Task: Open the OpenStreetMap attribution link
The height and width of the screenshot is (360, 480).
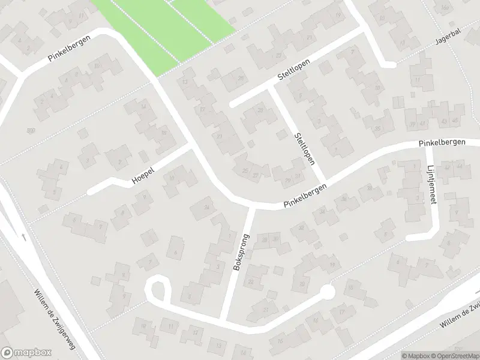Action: point(452,355)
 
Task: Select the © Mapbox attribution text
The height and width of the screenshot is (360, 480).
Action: point(414,355)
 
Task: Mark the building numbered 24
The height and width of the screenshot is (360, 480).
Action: point(207,208)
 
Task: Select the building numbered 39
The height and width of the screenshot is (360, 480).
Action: point(412,124)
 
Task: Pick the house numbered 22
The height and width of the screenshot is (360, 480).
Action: point(251,281)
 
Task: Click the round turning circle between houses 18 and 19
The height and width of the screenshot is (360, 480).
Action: point(326,292)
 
